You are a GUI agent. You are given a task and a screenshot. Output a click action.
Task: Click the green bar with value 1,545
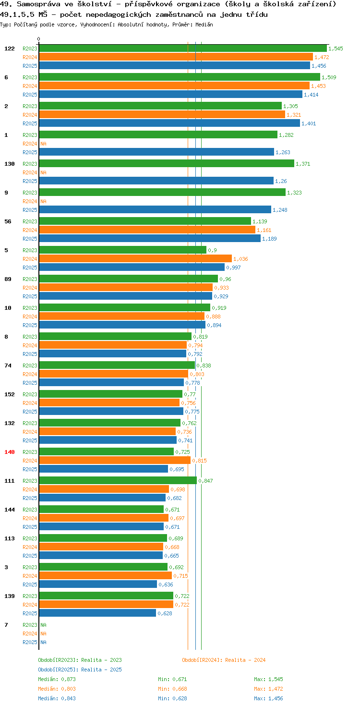pos(183,49)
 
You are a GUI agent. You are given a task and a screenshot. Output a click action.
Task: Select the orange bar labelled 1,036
pos(135,259)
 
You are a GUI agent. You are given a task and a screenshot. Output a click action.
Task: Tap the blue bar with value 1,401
pos(169,123)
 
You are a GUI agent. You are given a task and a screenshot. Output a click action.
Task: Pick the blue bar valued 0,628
pos(97,613)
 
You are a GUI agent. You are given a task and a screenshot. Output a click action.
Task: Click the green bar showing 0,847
pos(118,481)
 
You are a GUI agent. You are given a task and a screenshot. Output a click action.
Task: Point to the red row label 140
pos(10,452)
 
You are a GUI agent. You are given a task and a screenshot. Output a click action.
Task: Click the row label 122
pos(10,49)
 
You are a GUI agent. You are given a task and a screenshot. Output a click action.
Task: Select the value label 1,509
pos(329,77)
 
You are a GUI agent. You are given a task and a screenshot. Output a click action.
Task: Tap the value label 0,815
pos(199,461)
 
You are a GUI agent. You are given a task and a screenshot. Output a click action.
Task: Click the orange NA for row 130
pos(43,172)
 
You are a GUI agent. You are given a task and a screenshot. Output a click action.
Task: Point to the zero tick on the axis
pos(38,39)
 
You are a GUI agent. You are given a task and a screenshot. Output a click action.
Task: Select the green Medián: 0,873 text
pos(57,679)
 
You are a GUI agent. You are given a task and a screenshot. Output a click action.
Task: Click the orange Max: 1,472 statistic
pos(268,689)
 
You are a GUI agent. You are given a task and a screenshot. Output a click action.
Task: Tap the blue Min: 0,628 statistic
pos(173,698)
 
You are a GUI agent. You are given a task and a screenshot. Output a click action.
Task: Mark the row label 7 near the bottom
pos(6,625)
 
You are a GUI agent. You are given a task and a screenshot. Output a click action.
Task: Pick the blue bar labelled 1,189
pos(150,239)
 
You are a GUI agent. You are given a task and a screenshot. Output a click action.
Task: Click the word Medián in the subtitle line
pos(204,24)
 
